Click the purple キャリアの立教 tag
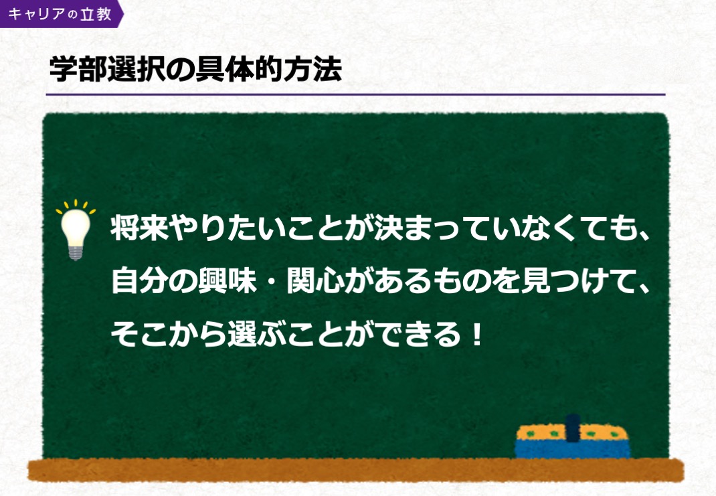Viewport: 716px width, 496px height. (x=60, y=13)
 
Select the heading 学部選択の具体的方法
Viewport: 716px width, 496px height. (x=195, y=70)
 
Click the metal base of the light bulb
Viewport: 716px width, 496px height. (x=76, y=252)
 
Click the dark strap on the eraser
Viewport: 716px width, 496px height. (x=573, y=428)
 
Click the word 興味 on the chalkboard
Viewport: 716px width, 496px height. (x=227, y=280)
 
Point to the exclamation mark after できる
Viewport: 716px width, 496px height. (x=476, y=334)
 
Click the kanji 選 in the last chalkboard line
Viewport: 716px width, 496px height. (x=242, y=334)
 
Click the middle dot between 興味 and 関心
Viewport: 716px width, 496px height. (x=271, y=281)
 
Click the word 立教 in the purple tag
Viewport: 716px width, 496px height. (x=96, y=13)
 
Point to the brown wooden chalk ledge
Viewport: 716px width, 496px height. (x=356, y=470)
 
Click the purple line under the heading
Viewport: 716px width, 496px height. (x=356, y=94)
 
